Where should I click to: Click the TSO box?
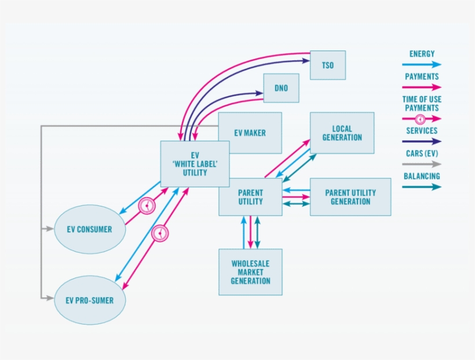tap(328, 65)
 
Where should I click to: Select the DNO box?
tap(281, 88)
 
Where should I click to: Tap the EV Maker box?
tap(250, 133)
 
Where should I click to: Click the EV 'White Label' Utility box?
tap(194, 164)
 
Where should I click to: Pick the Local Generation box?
tap(342, 133)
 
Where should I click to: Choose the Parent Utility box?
tap(250, 197)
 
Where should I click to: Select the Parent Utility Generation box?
tap(350, 197)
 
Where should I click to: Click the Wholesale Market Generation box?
tap(250, 272)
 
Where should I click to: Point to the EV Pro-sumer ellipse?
tap(89, 300)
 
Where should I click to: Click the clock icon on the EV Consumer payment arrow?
tap(147, 206)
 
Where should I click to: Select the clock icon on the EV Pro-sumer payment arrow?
tap(160, 233)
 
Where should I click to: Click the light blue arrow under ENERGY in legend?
tap(421, 64)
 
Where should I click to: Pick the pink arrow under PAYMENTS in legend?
tap(421, 87)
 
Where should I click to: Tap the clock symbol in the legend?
tap(421, 119)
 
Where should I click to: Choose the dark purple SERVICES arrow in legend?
tap(421, 141)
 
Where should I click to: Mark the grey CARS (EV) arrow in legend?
tap(421, 164)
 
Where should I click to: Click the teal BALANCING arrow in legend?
tap(421, 187)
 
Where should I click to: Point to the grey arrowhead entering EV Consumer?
tap(50, 230)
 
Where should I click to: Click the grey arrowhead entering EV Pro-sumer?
tap(50, 298)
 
